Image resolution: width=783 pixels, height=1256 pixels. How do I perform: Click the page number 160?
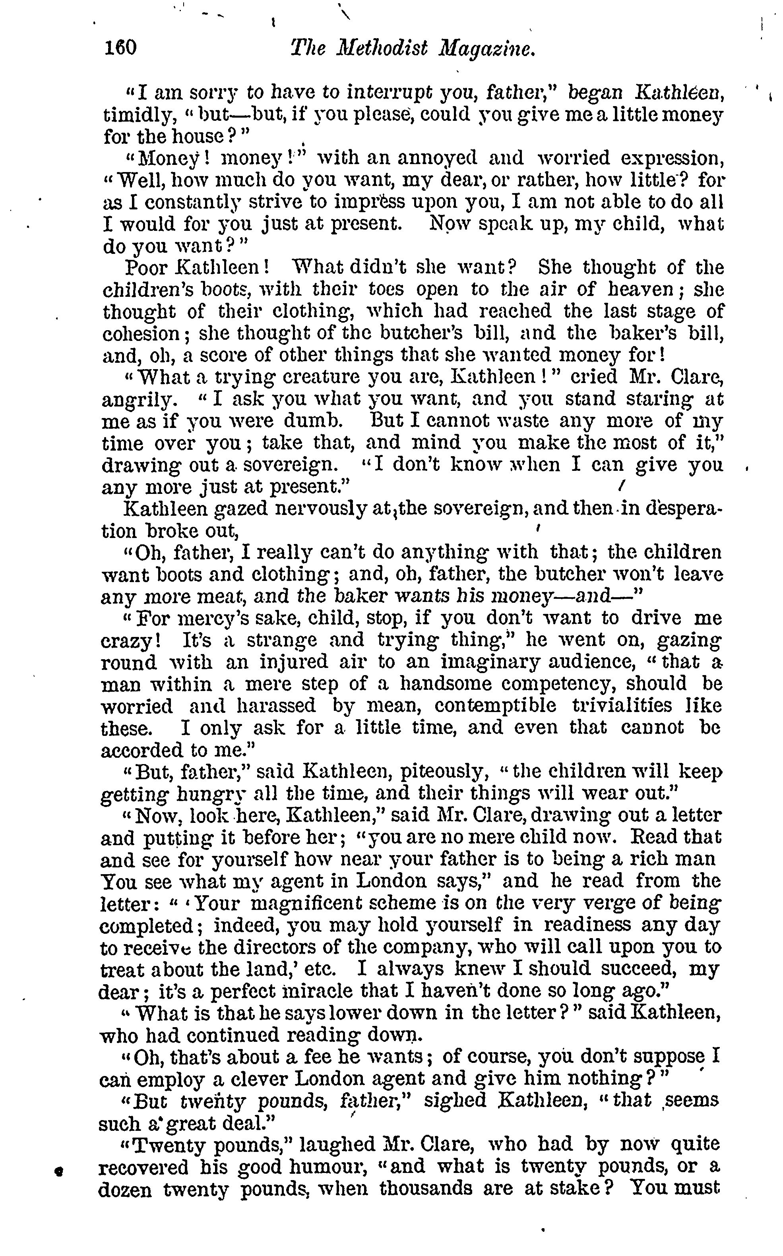(120, 48)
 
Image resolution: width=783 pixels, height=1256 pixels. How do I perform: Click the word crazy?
(127, 641)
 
